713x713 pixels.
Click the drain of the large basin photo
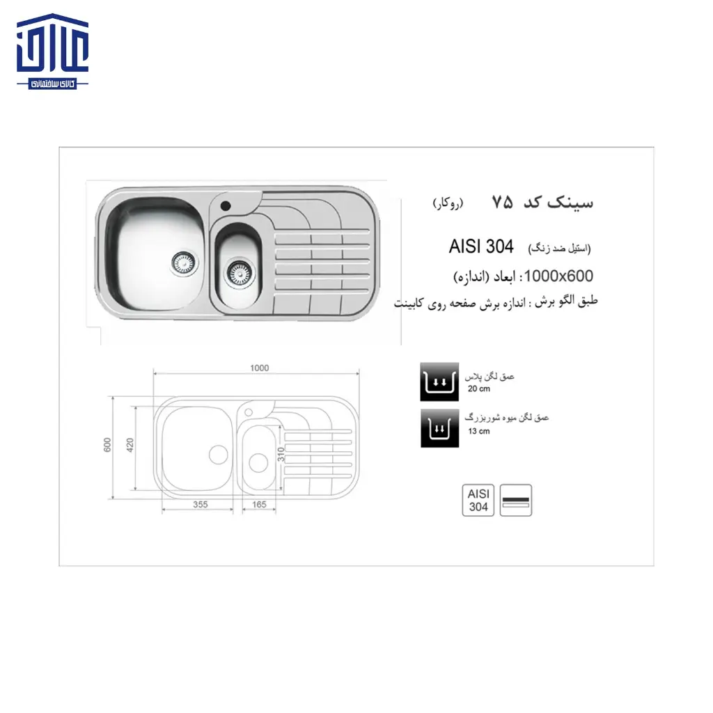pos(185,263)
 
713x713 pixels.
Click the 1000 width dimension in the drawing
pos(258,368)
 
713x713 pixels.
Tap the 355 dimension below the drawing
pos(201,505)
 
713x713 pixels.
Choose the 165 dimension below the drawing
pos(259,505)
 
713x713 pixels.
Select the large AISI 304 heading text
pos(481,246)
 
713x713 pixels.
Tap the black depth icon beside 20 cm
pos(439,382)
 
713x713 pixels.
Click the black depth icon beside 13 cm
pos(439,427)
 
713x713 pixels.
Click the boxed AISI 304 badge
pos(478,500)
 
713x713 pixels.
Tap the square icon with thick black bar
pos(516,500)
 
